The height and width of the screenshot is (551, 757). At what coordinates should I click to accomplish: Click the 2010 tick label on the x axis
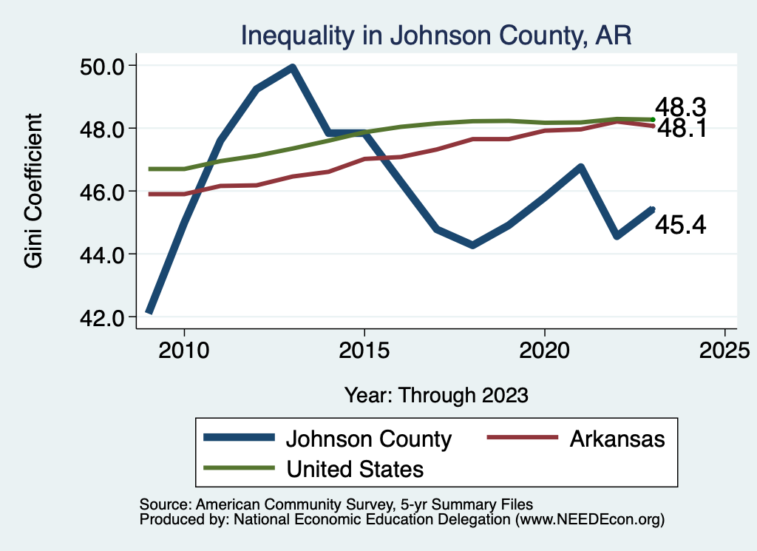tap(184, 349)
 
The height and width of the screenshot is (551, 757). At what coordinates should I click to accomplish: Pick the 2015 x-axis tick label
tap(364, 349)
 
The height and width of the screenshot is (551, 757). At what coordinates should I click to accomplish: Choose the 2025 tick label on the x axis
tap(724, 349)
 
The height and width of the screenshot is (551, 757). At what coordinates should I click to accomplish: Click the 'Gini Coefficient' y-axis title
tap(34, 191)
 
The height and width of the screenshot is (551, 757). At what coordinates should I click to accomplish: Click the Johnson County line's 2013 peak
tap(293, 68)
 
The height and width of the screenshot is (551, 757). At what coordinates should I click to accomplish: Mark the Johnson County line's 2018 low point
tap(472, 245)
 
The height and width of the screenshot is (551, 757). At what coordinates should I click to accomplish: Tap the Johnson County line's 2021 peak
tap(581, 167)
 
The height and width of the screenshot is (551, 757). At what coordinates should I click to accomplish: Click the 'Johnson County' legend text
tap(368, 439)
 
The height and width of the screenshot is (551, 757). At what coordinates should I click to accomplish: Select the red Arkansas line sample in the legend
tap(521, 439)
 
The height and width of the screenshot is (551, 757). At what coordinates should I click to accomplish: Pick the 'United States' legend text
tap(355, 468)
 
